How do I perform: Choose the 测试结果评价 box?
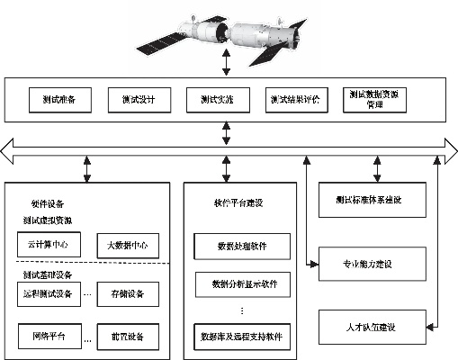coord(297,99)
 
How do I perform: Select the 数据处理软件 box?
coord(242,245)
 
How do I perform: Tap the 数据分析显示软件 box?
coord(242,286)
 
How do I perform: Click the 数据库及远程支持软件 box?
coord(242,337)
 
